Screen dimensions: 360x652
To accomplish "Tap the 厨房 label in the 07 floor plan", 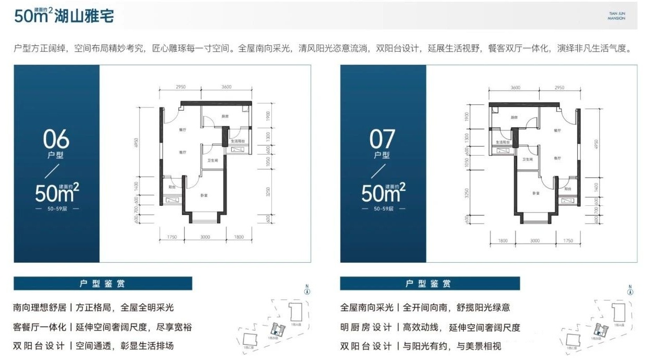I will [x=499, y=118].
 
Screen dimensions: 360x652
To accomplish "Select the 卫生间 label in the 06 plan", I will [x=212, y=161].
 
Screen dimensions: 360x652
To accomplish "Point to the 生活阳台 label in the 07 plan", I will [x=505, y=142].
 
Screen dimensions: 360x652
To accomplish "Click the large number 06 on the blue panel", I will [x=56, y=140].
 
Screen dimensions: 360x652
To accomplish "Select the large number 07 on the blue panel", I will [x=382, y=140].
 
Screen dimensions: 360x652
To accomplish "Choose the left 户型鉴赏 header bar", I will [x=102, y=284].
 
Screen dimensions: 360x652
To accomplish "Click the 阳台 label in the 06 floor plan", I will [x=171, y=186].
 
